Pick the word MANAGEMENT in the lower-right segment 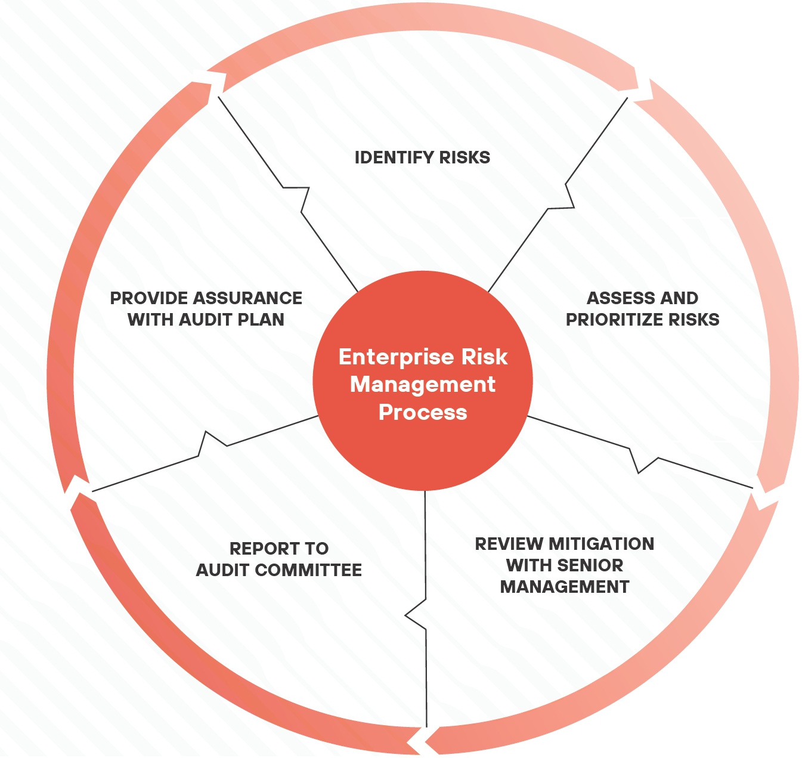click(565, 587)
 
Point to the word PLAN click(261, 320)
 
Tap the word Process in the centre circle click(423, 413)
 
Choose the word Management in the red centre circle click(423, 384)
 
